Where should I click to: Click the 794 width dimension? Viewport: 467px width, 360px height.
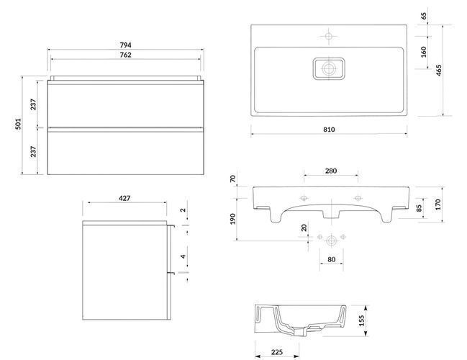click(x=125, y=45)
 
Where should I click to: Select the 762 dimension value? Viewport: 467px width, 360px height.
click(x=125, y=55)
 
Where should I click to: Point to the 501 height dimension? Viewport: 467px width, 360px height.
click(x=19, y=124)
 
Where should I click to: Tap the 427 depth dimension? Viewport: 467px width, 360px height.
click(x=124, y=198)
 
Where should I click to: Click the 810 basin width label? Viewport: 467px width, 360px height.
click(x=329, y=130)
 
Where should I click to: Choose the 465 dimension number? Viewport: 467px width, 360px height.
click(x=439, y=71)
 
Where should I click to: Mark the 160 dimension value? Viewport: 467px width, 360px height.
click(x=424, y=52)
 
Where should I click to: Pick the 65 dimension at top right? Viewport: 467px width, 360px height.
click(x=424, y=16)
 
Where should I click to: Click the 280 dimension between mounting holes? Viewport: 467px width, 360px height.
click(x=331, y=171)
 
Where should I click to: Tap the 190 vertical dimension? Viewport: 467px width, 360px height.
click(x=233, y=219)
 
